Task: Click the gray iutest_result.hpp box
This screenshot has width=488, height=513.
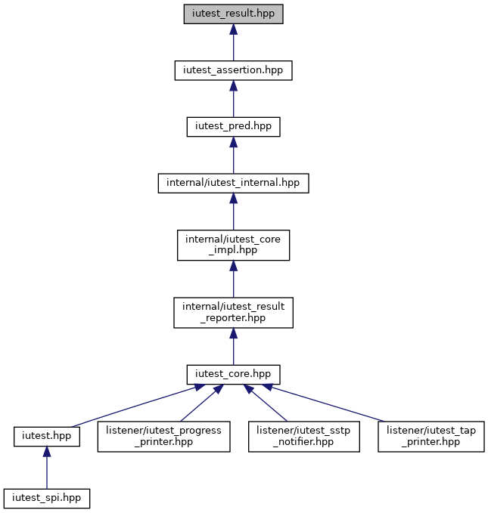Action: click(x=233, y=14)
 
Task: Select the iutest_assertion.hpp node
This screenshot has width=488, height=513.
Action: click(x=233, y=70)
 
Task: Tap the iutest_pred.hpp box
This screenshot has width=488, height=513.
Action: click(x=233, y=127)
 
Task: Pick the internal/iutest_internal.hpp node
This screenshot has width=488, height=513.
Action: click(x=233, y=183)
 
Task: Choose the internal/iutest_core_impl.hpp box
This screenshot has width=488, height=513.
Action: click(x=233, y=245)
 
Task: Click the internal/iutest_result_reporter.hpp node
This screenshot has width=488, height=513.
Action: click(x=233, y=313)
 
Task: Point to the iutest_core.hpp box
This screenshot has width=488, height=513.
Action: click(x=233, y=375)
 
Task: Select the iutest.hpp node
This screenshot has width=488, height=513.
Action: click(x=47, y=437)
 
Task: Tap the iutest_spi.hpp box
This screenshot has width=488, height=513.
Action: click(x=47, y=499)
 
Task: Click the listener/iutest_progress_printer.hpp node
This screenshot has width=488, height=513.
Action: click(x=164, y=437)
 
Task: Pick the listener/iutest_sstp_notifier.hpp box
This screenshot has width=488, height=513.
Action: click(x=304, y=437)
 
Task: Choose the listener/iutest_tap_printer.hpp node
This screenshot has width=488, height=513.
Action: click(x=431, y=437)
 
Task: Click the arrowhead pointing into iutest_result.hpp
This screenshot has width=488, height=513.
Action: click(x=233, y=29)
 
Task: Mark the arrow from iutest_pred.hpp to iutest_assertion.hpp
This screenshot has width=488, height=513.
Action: click(x=233, y=98)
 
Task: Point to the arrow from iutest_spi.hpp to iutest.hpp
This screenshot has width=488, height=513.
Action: click(x=47, y=468)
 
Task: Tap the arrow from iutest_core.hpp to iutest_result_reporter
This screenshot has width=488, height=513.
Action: click(x=233, y=347)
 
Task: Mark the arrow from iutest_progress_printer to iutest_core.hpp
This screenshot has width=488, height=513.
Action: click(x=202, y=403)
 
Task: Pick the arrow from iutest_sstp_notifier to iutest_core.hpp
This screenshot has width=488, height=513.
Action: click(x=265, y=403)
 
